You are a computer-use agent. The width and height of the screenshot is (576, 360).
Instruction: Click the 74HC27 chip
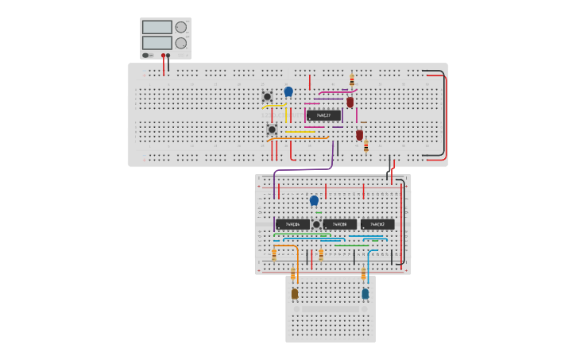[323, 115]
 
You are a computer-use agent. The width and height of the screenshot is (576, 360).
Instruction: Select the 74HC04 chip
[292, 224]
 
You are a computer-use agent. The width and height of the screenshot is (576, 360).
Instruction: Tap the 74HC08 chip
[340, 224]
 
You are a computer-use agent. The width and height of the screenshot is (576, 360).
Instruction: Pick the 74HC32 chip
[377, 224]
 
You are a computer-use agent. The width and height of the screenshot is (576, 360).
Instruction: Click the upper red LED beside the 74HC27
[350, 102]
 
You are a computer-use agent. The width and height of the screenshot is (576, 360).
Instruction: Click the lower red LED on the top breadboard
[359, 135]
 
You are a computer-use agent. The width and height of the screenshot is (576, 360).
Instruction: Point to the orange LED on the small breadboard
[294, 293]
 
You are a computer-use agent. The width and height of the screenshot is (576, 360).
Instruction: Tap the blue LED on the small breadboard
[365, 293]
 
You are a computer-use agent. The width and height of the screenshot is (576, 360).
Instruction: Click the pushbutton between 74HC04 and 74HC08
[316, 225]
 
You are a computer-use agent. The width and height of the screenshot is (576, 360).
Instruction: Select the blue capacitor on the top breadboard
[288, 91]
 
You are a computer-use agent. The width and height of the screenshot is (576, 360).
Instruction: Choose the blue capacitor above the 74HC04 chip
[314, 200]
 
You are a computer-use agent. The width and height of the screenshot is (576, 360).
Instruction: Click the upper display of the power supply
[157, 26]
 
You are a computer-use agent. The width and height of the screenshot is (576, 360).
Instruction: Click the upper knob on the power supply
[181, 26]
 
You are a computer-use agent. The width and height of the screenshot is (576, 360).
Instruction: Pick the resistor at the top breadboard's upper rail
[352, 79]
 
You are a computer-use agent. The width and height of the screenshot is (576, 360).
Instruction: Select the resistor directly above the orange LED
[292, 273]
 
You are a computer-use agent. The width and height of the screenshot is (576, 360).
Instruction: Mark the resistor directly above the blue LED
[364, 273]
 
